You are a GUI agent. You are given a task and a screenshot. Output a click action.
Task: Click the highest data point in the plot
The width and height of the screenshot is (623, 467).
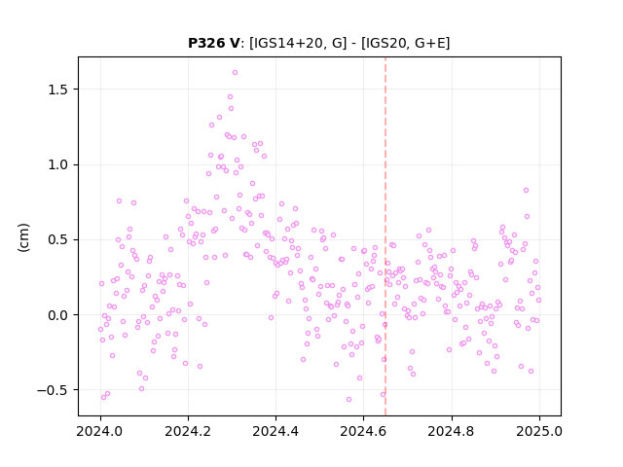(x=235, y=73)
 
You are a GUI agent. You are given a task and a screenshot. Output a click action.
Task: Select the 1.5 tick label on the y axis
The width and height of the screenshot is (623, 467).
(x=58, y=90)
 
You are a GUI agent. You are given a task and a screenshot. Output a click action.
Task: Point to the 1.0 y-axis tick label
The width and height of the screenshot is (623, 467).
(x=58, y=164)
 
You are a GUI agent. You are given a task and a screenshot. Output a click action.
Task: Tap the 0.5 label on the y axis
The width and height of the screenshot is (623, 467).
(x=58, y=240)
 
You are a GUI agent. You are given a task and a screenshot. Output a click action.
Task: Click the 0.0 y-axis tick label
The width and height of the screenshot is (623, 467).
(x=58, y=315)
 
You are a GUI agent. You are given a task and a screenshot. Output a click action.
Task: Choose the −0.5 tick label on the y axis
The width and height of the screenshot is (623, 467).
(x=53, y=390)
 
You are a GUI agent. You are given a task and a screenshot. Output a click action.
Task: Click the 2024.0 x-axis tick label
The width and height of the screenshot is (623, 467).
(x=100, y=431)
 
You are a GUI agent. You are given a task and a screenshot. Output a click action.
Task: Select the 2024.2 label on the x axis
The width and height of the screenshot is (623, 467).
(x=188, y=431)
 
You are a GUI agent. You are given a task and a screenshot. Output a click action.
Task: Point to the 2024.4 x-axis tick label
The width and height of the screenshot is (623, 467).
(x=275, y=431)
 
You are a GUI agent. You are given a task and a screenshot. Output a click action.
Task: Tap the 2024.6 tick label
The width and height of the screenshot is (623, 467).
(x=363, y=431)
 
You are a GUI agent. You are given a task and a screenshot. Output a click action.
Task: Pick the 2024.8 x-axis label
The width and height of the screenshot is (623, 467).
(x=451, y=431)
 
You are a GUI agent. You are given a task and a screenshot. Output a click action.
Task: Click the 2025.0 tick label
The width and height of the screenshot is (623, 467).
(x=539, y=431)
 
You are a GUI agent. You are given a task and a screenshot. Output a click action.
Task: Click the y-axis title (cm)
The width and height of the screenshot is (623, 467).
(x=23, y=237)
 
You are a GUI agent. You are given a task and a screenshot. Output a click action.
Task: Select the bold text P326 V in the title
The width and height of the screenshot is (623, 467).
(x=213, y=43)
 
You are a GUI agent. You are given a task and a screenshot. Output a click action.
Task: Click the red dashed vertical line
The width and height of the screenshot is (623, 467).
(x=385, y=236)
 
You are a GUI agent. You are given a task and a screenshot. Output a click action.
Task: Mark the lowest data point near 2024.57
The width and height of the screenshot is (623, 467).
(x=348, y=400)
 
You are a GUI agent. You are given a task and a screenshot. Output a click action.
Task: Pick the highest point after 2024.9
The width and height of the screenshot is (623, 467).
(x=526, y=191)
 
